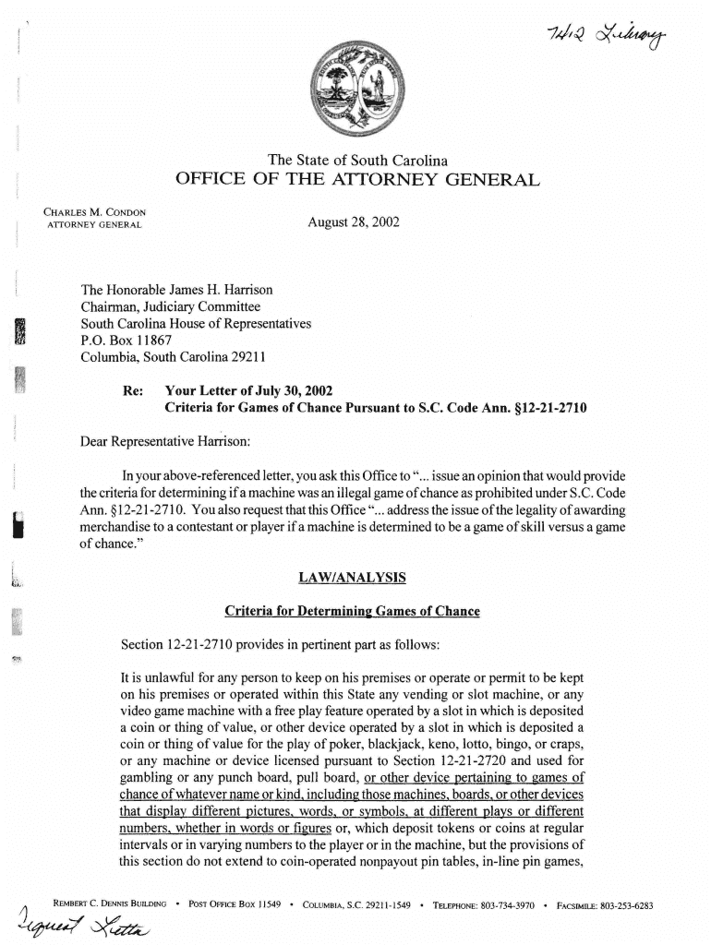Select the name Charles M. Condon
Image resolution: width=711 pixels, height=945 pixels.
pyautogui.click(x=96, y=212)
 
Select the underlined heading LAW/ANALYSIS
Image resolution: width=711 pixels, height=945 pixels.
pyautogui.click(x=352, y=579)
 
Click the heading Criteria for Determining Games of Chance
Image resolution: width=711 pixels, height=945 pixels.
pyautogui.click(x=352, y=612)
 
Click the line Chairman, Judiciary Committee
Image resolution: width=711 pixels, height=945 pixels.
pyautogui.click(x=171, y=306)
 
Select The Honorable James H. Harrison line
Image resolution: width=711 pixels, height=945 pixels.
pyautogui.click(x=176, y=290)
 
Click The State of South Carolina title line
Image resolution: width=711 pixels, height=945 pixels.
pyautogui.click(x=357, y=160)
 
